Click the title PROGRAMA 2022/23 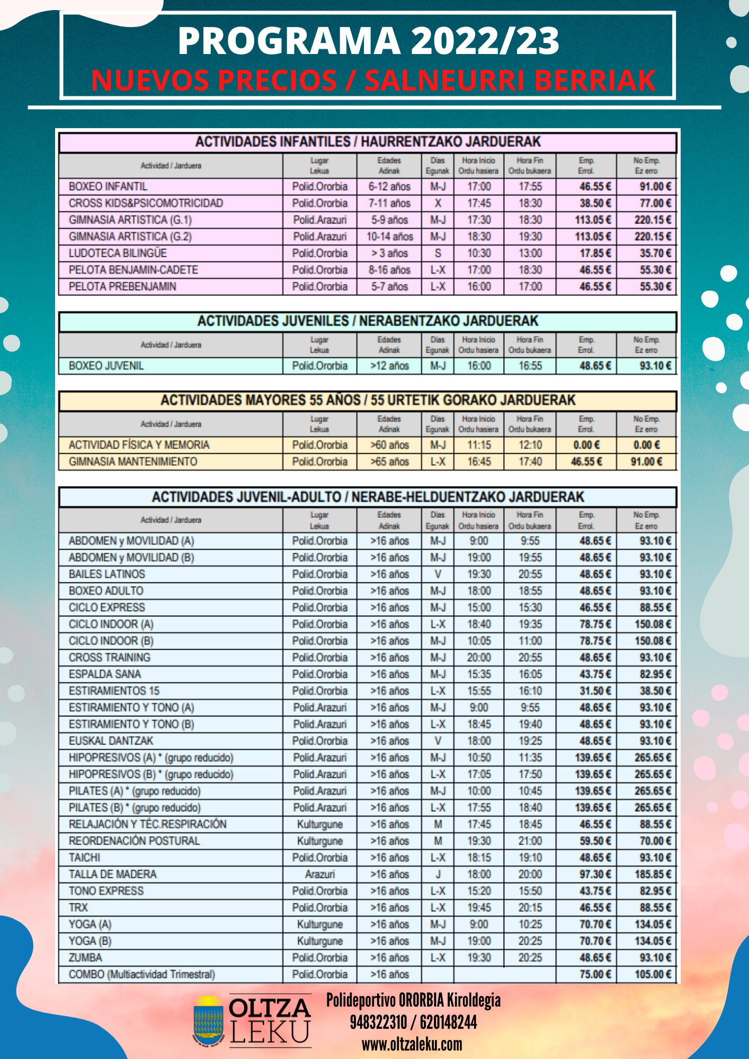point(368,41)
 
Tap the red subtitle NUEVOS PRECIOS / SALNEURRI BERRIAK point(373,80)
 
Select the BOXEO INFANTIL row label point(108,186)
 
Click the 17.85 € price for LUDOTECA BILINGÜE point(595,253)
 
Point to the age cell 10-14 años point(389,237)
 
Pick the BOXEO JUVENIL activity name point(106,366)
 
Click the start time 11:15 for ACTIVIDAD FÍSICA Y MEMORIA point(479,445)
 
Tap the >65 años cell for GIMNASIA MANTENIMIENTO point(389,462)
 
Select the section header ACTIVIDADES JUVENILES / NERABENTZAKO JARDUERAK point(368,321)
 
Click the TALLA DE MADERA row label point(113,874)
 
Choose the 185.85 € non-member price point(653,874)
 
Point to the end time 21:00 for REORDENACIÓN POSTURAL point(530,841)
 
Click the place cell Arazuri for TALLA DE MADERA point(319,874)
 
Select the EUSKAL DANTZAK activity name point(111,741)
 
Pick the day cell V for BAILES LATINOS point(438,574)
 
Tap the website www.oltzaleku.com point(412,1044)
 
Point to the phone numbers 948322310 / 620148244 point(413,1022)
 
